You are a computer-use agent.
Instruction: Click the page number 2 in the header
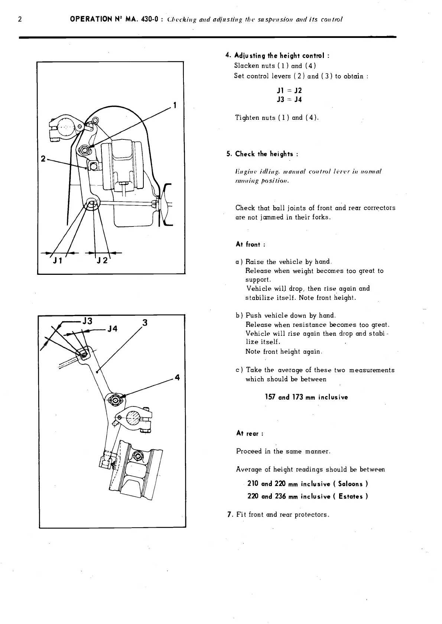click(x=20, y=19)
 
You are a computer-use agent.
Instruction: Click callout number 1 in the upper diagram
click(x=174, y=105)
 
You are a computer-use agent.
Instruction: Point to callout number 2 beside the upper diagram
click(x=43, y=159)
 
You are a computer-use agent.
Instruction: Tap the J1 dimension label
click(x=57, y=260)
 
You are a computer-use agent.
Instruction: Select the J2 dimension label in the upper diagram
click(x=102, y=260)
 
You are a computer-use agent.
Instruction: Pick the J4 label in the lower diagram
click(x=113, y=329)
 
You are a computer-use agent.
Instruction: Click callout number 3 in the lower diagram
click(x=145, y=322)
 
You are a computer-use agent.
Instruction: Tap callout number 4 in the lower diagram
click(x=177, y=377)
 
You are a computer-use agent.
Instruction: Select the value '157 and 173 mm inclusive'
click(x=306, y=397)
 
